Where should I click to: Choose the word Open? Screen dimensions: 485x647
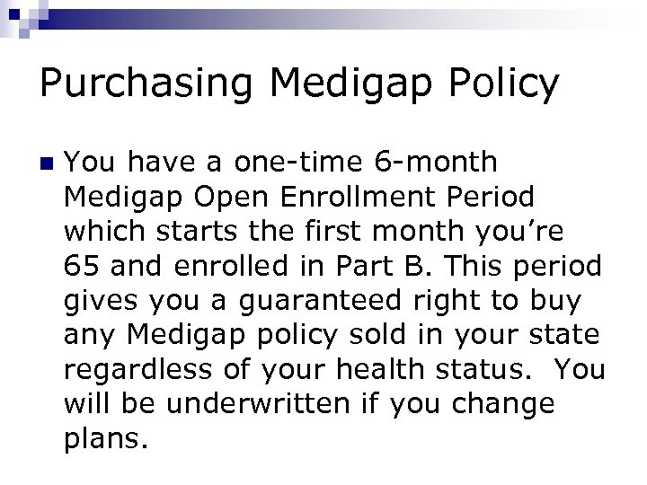(x=236, y=197)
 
